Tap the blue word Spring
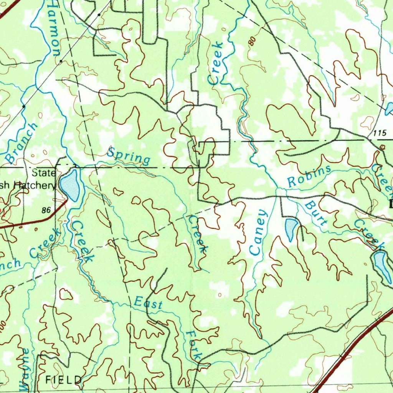coord(129,155)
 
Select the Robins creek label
coord(309,176)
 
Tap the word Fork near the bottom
coord(193,344)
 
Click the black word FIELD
coord(63,380)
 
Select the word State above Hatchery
coord(44,173)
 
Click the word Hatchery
coord(35,185)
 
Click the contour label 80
coord(252,41)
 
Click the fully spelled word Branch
coord(22,143)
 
